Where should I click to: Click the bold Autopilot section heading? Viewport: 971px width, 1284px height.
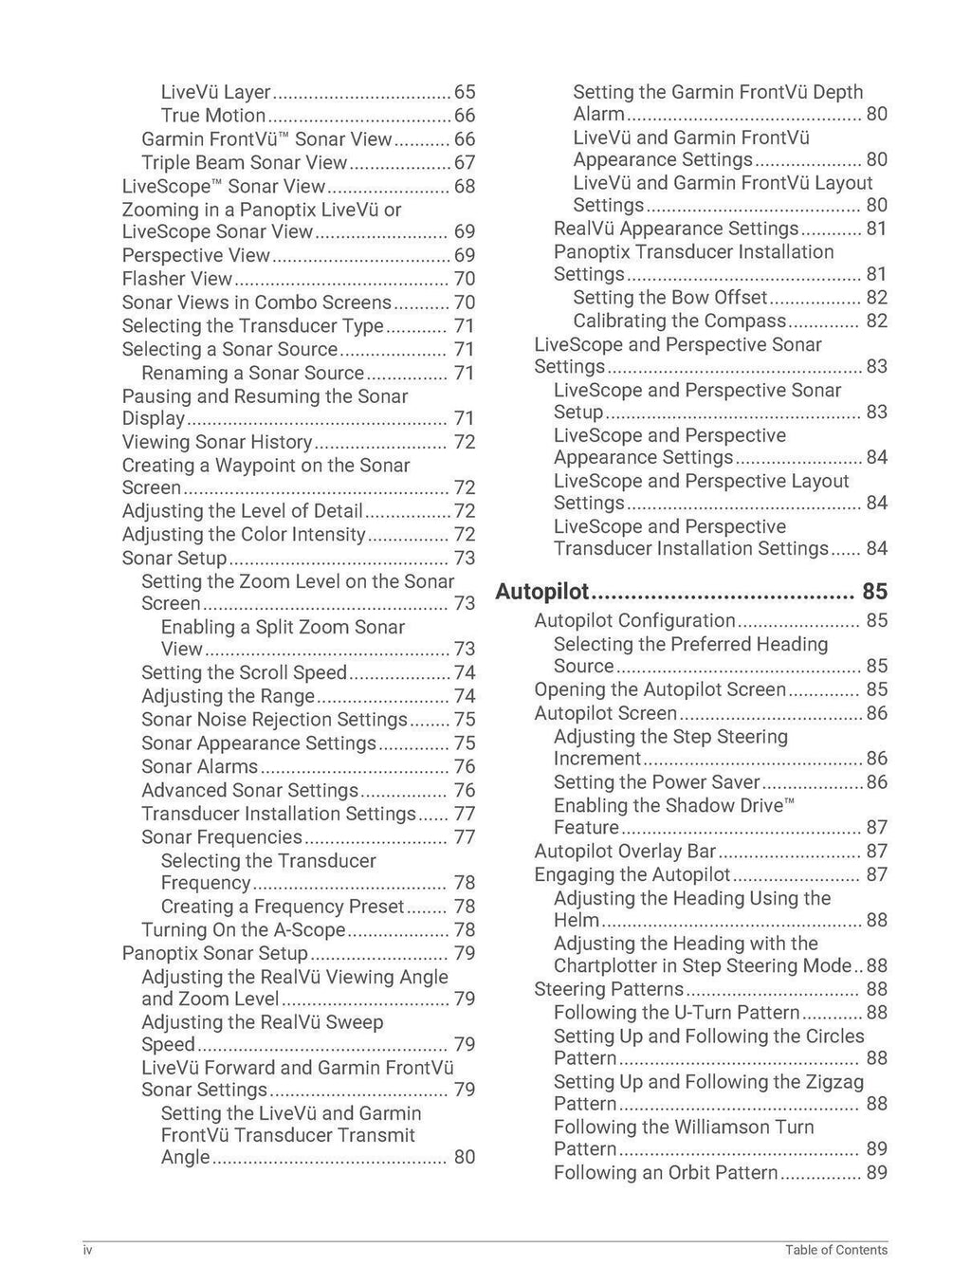pyautogui.click(x=542, y=593)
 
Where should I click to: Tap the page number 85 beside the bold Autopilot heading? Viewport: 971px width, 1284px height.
pyautogui.click(x=874, y=592)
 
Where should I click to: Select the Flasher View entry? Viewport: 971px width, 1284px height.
pyautogui.click(x=177, y=279)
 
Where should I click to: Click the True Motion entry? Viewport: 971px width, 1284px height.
pyautogui.click(x=213, y=116)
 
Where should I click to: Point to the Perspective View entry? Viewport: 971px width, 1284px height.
pyautogui.click(x=196, y=255)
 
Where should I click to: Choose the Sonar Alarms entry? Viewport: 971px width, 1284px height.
pyautogui.click(x=199, y=766)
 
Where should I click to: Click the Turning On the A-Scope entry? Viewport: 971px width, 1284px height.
pyautogui.click(x=243, y=930)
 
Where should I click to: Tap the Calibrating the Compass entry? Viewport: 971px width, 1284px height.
pyautogui.click(x=679, y=321)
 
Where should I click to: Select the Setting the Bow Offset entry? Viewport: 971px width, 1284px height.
pyautogui.click(x=669, y=298)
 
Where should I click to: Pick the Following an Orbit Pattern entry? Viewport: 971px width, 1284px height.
pyautogui.click(x=666, y=1173)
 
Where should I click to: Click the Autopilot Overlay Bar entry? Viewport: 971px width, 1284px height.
pyautogui.click(x=625, y=852)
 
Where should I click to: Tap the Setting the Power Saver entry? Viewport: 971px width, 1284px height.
pyautogui.click(x=656, y=782)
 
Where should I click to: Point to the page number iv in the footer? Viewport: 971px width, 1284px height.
pyautogui.click(x=87, y=1250)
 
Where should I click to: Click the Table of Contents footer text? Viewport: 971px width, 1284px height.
pyautogui.click(x=835, y=1250)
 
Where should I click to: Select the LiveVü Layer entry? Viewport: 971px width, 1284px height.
pyautogui.click(x=216, y=92)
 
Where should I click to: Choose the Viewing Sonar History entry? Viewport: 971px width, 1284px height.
pyautogui.click(x=217, y=442)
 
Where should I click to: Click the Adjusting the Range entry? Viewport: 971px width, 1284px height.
pyautogui.click(x=228, y=696)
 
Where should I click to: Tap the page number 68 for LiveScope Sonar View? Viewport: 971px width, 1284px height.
pyautogui.click(x=464, y=187)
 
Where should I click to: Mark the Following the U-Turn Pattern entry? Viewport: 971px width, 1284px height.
pyautogui.click(x=676, y=1013)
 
